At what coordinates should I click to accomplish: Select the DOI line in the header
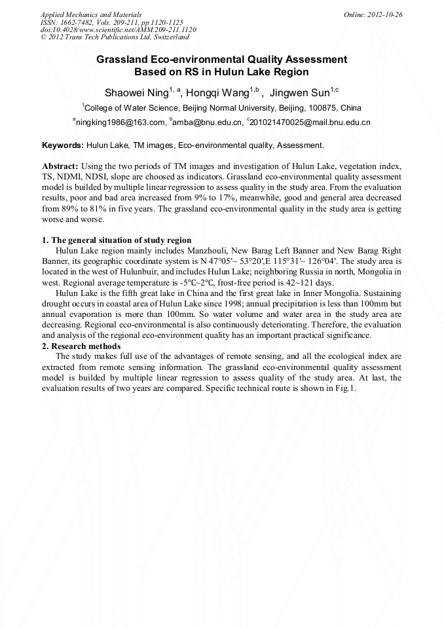[x=118, y=30]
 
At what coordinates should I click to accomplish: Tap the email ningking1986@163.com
[x=120, y=122]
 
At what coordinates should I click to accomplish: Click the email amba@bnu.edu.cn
[x=207, y=122]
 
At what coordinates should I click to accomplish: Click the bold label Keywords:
[x=63, y=145]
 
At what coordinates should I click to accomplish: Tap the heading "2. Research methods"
[x=81, y=346]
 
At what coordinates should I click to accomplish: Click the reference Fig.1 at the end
[x=344, y=388]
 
